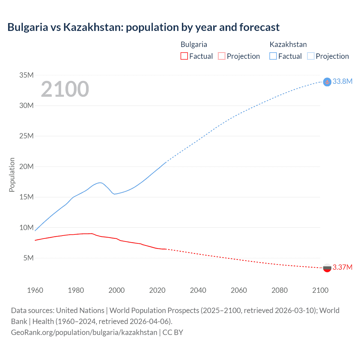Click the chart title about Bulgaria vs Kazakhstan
pos(143,27)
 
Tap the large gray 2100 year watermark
pos(65,89)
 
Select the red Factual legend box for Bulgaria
pos(184,56)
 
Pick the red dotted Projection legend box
pos(222,56)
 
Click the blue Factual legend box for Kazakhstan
pos(273,56)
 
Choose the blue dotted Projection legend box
pos(310,56)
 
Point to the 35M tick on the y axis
pos(26,75)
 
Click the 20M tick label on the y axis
pos(26,166)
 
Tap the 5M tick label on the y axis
pos(28,258)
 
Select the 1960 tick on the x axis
pos(35,290)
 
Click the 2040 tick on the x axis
pos(198,290)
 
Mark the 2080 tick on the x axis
pos(280,290)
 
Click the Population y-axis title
pos(12,175)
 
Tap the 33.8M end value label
pos(342,81)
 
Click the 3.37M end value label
pos(342,267)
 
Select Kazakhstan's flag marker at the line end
pos(327,82)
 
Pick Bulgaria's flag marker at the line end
pos(327,268)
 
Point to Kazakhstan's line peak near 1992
pos(100,183)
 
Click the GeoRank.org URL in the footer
pos(84,332)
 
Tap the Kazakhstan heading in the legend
pos(288,44)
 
